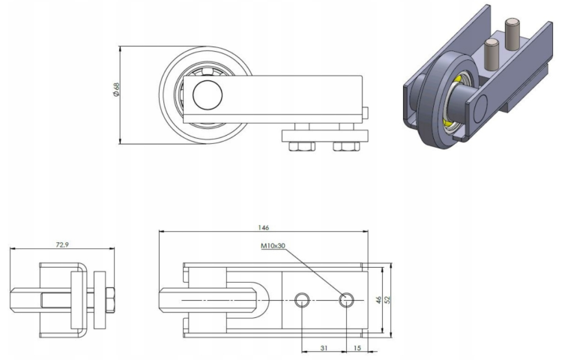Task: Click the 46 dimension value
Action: pos(379,299)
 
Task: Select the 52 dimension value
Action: pos(388,299)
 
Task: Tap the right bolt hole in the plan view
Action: pos(345,300)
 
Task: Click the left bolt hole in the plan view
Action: pos(301,300)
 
